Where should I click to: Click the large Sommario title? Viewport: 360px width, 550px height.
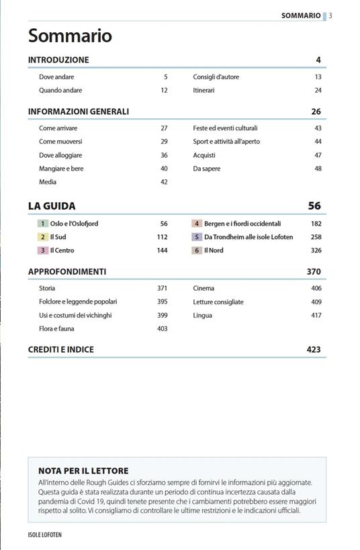point(70,36)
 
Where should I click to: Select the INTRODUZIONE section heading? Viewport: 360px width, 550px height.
point(58,60)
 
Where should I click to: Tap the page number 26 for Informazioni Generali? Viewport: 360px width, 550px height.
point(316,111)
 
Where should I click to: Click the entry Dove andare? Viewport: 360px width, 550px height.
point(56,77)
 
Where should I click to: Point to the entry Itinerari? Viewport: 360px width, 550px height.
point(204,91)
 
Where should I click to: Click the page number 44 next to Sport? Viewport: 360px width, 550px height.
point(318,142)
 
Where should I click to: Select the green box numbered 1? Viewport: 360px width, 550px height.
point(43,224)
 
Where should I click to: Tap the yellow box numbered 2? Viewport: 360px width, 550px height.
point(43,237)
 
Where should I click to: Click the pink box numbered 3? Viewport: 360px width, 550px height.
point(43,250)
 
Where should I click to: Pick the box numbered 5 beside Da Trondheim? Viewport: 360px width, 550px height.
point(197,237)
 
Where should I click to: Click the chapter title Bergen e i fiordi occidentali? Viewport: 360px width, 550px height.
point(242,224)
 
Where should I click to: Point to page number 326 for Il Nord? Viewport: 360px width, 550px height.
point(316,250)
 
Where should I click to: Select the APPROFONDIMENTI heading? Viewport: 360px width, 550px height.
point(67,272)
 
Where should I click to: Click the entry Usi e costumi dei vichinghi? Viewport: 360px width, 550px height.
point(75,315)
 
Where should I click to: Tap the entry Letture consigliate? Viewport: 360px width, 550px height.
point(218,302)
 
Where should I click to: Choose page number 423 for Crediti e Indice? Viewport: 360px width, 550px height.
point(313,349)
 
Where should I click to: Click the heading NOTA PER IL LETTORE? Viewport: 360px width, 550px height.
point(83,471)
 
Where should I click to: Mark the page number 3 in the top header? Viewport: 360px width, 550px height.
point(330,15)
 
